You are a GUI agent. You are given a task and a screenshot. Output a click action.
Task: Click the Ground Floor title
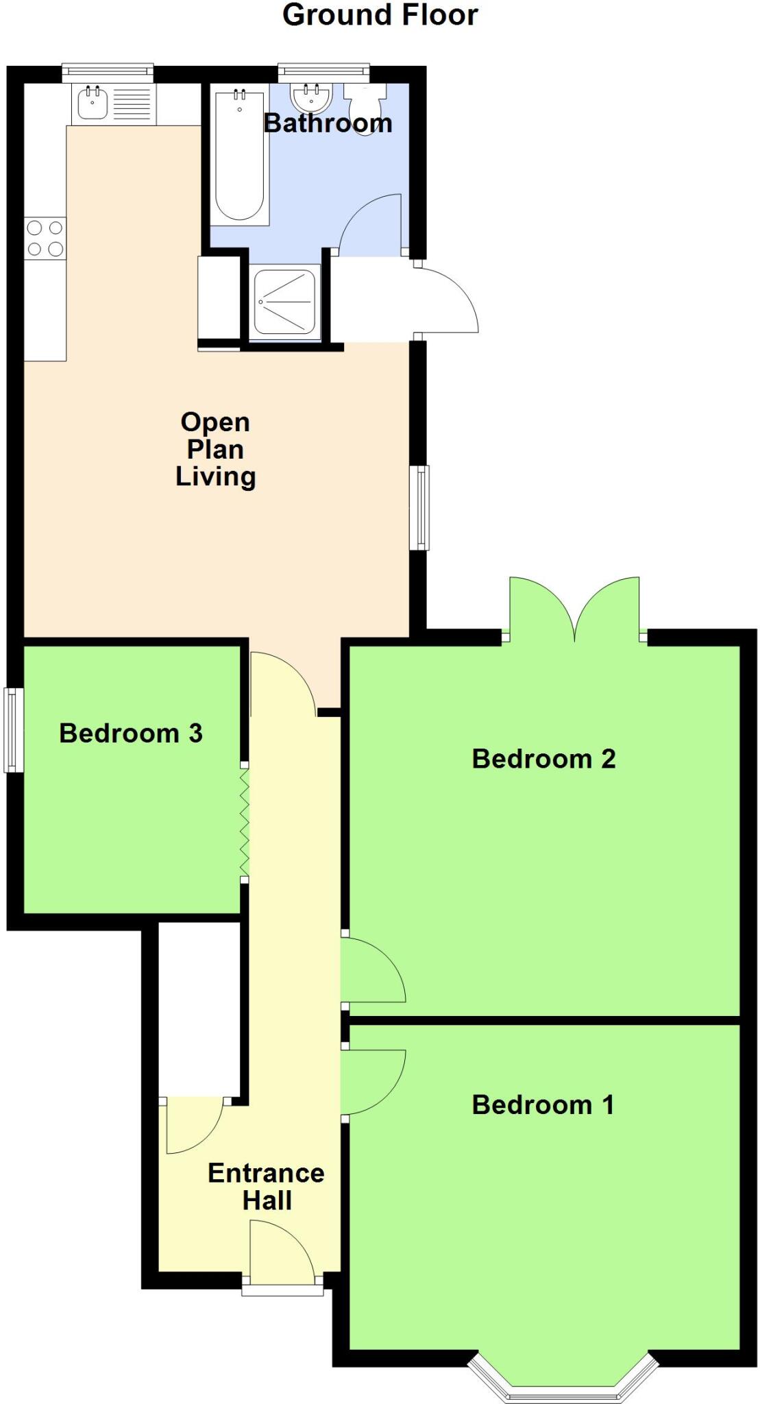pyautogui.click(x=380, y=15)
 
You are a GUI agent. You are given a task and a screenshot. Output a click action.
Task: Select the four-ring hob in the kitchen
pyautogui.click(x=45, y=238)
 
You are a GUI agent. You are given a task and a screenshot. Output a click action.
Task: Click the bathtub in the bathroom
pyautogui.click(x=239, y=156)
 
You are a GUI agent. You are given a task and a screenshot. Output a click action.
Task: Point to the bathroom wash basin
pyautogui.click(x=312, y=98)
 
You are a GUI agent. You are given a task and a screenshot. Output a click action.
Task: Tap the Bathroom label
pyautogui.click(x=328, y=123)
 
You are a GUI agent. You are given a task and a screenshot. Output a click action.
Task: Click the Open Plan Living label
pyautogui.click(x=215, y=449)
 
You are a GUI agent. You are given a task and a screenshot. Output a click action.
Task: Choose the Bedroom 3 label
pyautogui.click(x=130, y=733)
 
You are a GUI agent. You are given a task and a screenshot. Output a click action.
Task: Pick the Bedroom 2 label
pyautogui.click(x=543, y=758)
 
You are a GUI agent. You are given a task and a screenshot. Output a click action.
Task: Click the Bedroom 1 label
pyautogui.click(x=543, y=1104)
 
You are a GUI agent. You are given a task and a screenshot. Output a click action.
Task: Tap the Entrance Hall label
pyautogui.click(x=266, y=1187)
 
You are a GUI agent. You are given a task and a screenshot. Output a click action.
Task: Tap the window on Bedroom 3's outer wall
pyautogui.click(x=13, y=730)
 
